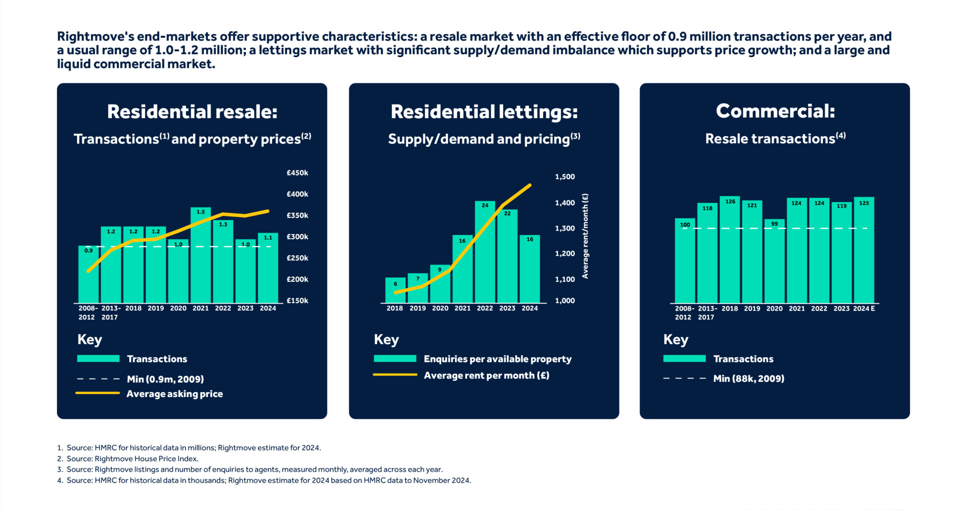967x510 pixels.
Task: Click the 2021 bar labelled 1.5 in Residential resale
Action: pyautogui.click(x=201, y=255)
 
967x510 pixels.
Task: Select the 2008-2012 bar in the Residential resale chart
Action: pyautogui.click(x=88, y=274)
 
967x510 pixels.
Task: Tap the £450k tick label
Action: pyautogui.click(x=297, y=173)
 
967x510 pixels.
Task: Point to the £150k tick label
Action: pyautogui.click(x=297, y=301)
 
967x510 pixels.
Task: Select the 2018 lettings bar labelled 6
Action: pyautogui.click(x=395, y=290)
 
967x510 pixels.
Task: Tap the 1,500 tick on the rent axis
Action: pyautogui.click(x=565, y=177)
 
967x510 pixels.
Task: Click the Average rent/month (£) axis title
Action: pyautogui.click(x=585, y=236)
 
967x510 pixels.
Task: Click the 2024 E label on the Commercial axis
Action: pyautogui.click(x=864, y=309)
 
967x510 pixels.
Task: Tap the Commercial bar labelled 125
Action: pyautogui.click(x=864, y=250)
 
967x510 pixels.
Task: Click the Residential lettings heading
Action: pyautogui.click(x=484, y=112)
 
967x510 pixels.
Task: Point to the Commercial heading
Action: pyautogui.click(x=775, y=112)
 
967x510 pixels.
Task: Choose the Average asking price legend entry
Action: pyautogui.click(x=174, y=394)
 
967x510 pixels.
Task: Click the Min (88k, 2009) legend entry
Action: pyautogui.click(x=748, y=379)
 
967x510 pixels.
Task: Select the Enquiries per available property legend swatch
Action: pyautogui.click(x=395, y=359)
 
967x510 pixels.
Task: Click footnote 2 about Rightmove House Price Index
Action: pyautogui.click(x=132, y=458)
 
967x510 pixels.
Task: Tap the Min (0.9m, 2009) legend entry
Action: pyautogui.click(x=165, y=379)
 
